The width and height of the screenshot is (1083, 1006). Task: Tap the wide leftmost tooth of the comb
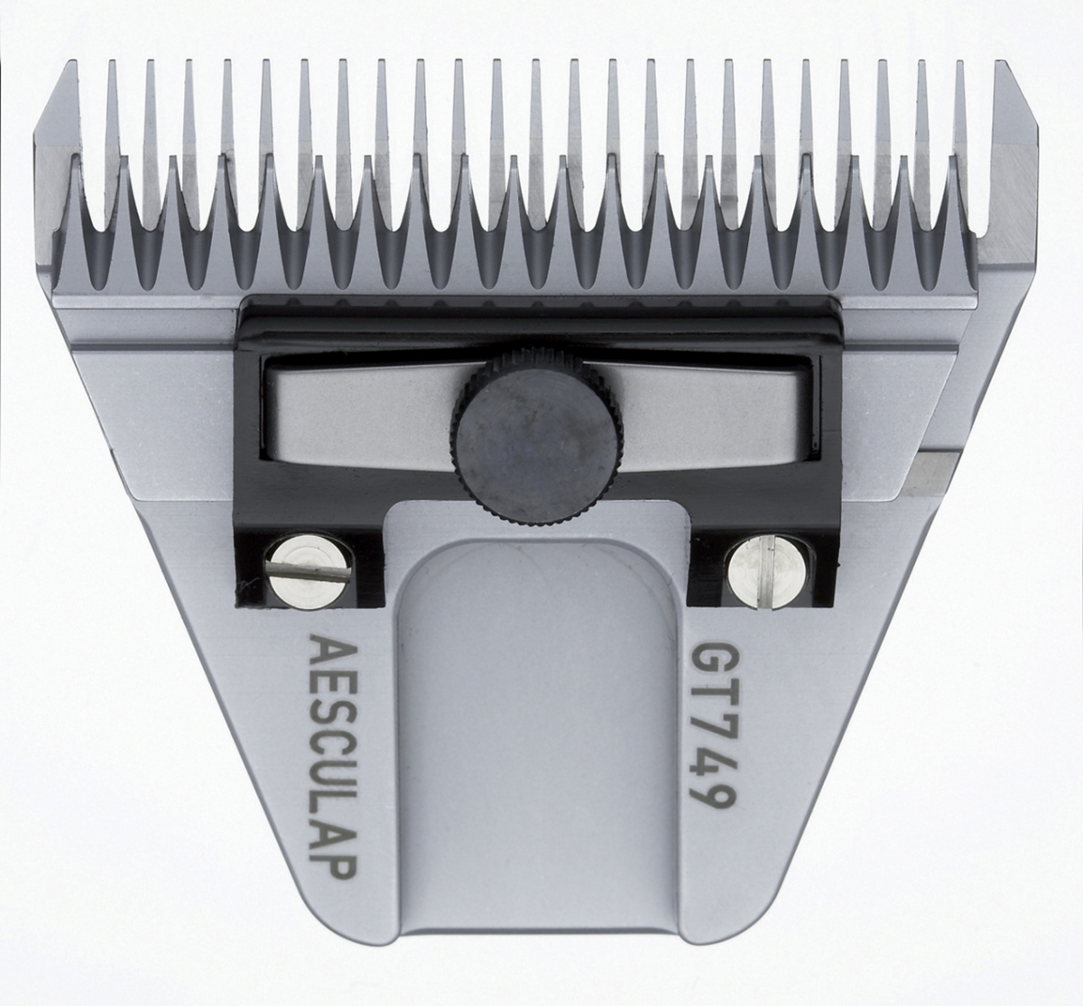point(60,180)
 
